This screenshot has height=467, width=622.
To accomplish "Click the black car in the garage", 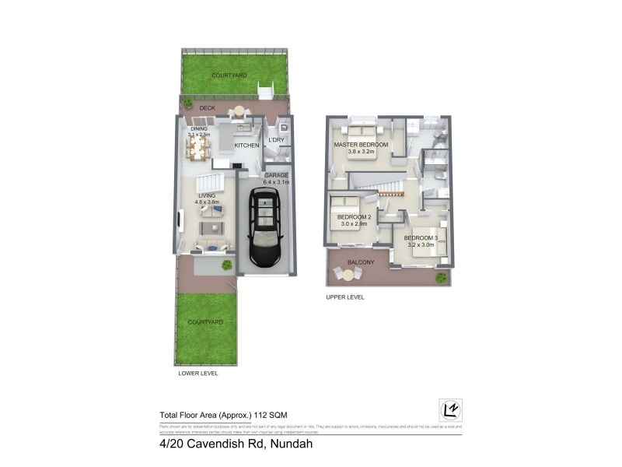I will (266, 228).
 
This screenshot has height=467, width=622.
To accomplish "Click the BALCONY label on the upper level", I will (361, 262).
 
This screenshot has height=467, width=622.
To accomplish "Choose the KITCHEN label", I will (246, 146).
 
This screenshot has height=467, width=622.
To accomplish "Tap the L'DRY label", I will (278, 140).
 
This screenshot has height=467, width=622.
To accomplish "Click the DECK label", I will (207, 108).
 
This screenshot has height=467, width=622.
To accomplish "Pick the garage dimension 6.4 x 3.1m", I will (276, 183).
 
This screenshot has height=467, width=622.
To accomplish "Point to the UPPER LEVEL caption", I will (344, 297).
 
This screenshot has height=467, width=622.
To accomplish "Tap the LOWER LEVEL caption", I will (197, 374).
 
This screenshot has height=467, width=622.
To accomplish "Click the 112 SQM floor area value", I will (276, 415).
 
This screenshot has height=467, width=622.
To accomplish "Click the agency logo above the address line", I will (450, 410).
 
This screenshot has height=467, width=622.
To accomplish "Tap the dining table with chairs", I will (197, 147).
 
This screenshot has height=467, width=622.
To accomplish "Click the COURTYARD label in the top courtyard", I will (229, 75).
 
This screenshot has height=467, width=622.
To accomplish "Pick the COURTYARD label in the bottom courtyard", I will (205, 321).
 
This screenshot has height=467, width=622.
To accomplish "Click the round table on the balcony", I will (348, 274).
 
